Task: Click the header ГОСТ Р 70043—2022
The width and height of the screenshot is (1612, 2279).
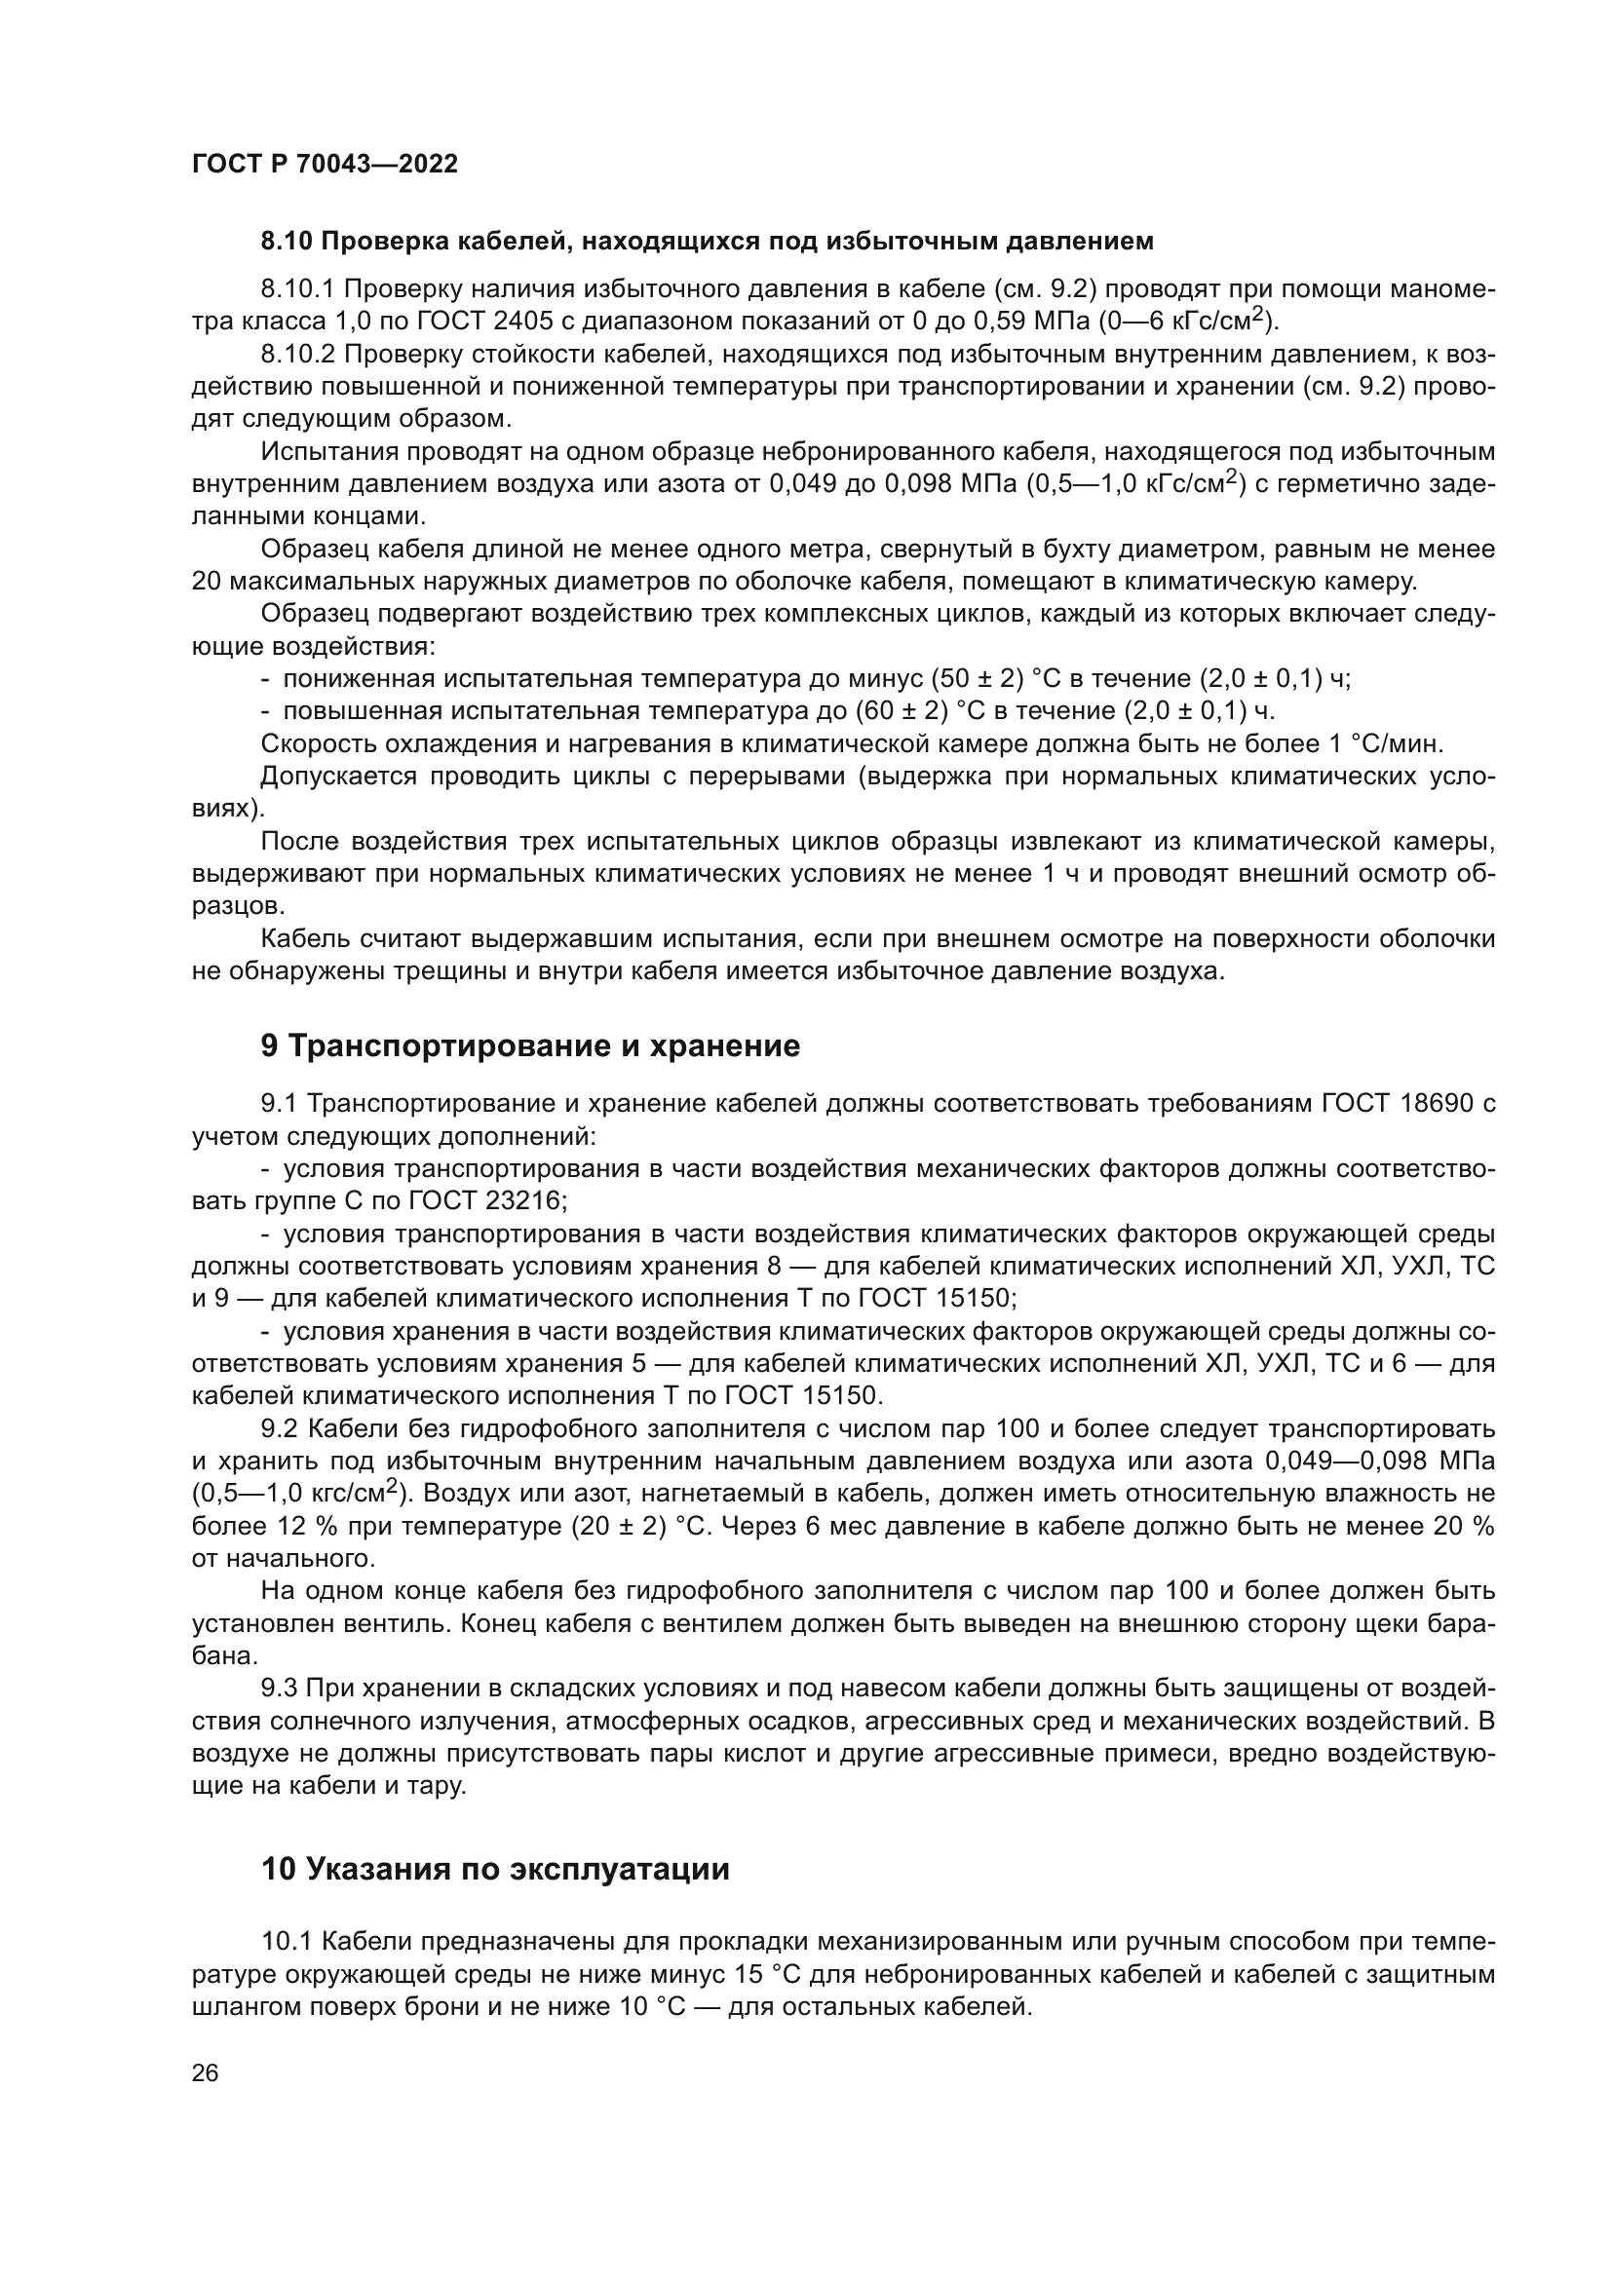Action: [325, 165]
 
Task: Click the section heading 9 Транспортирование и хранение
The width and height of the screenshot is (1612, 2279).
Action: [530, 1046]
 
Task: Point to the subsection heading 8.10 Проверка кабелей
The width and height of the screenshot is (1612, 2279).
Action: [707, 242]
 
